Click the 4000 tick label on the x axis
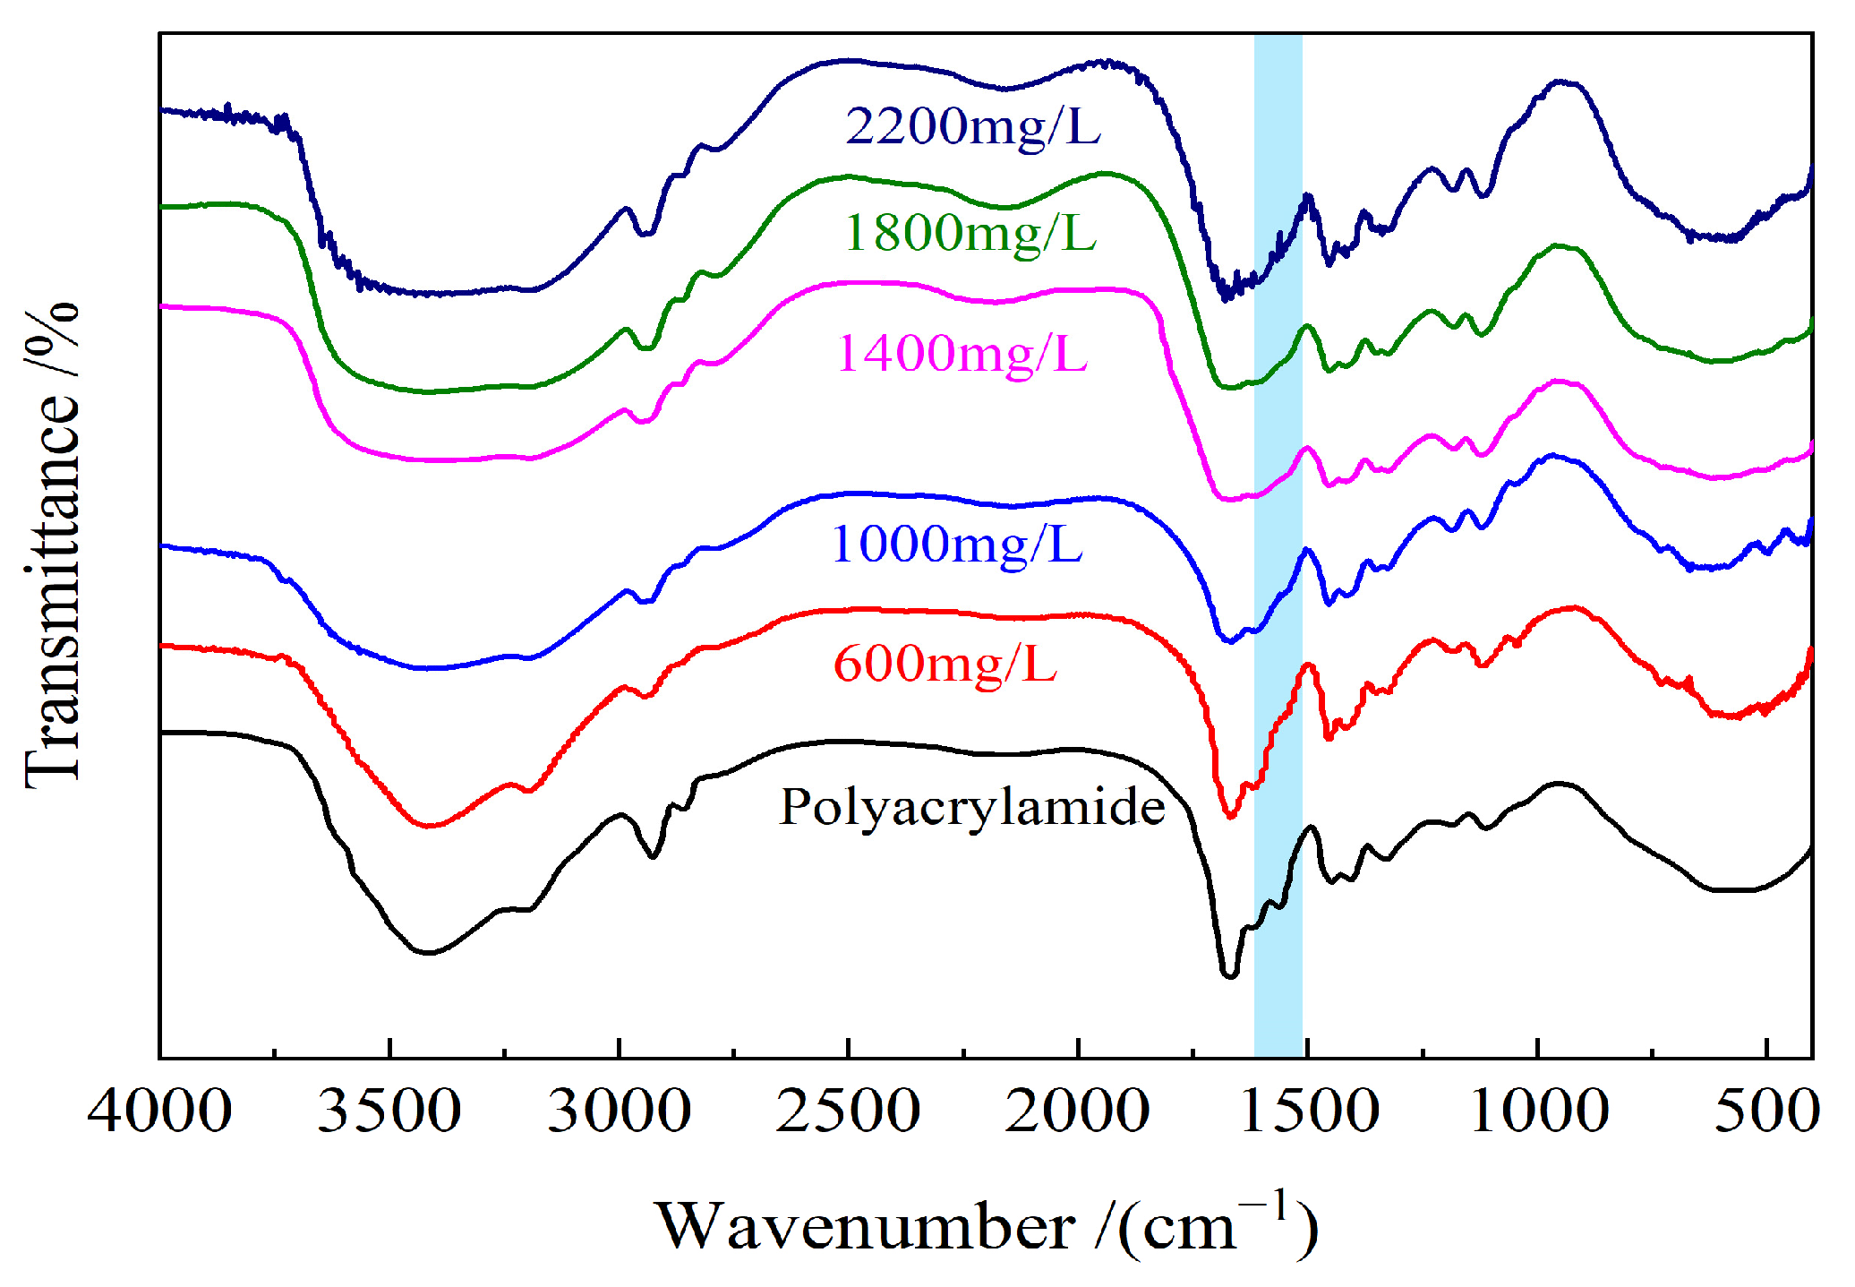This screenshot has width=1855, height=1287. coord(159,1111)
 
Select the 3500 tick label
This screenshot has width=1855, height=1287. coord(389,1111)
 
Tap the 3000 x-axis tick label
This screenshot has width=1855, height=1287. coord(619,1111)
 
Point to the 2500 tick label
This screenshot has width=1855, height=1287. coord(848,1111)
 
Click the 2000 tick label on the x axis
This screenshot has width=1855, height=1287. coord(1077,1111)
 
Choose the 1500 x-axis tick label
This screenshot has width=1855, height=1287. coord(1307,1111)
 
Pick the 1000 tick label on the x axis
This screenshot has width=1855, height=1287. coord(1538,1111)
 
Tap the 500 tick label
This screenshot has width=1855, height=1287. coord(1766,1111)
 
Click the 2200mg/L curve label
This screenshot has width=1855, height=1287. coord(972,126)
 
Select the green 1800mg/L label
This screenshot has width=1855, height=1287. coord(970,234)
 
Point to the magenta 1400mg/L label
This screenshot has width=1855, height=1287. coord(962,354)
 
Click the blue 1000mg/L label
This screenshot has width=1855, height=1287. coord(956,544)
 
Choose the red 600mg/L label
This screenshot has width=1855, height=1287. coord(945,665)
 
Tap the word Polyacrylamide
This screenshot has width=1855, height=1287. coord(972,807)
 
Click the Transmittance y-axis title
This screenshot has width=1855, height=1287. coord(52,546)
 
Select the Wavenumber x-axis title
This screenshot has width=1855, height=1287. coord(866,1227)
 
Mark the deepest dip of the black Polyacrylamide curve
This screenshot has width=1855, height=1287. coord(1229,975)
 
